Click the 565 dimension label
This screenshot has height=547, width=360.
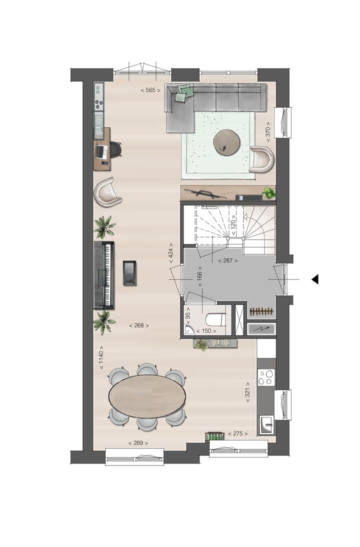coord(150,90)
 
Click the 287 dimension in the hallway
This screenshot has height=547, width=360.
coord(227,260)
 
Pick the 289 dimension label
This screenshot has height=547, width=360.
coord(138,443)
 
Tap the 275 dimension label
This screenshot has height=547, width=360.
coord(238,433)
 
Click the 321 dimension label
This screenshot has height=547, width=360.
coord(247,393)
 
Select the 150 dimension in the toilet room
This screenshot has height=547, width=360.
coord(206,330)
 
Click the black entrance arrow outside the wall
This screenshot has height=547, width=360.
coord(314,279)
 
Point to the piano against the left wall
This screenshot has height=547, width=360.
coord(104,274)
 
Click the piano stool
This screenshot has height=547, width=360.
coord(129,273)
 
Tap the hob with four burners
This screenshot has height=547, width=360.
coord(266,376)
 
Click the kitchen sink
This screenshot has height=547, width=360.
coord(266,426)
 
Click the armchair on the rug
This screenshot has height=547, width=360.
coord(262,159)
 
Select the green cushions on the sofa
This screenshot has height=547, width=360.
coord(184,92)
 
